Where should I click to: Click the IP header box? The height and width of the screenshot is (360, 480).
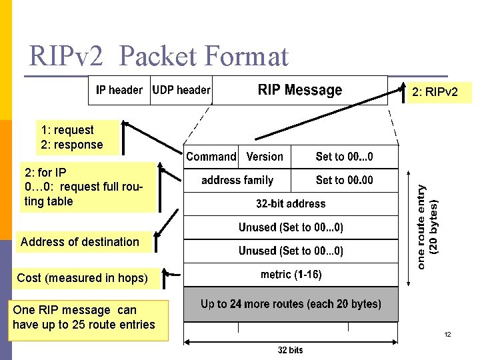pyautogui.click(x=119, y=90)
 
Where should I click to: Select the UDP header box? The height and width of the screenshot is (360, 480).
pyautogui.click(x=181, y=90)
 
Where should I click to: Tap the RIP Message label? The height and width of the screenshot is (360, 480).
pyautogui.click(x=299, y=90)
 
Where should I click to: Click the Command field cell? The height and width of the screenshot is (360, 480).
pyautogui.click(x=211, y=157)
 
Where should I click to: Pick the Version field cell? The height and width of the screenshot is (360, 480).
pyautogui.click(x=265, y=157)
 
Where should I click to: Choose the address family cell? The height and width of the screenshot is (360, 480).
pyautogui.click(x=237, y=180)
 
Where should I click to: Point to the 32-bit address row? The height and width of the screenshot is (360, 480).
pyautogui.click(x=291, y=203)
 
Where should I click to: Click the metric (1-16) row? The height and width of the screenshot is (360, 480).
pyautogui.click(x=291, y=275)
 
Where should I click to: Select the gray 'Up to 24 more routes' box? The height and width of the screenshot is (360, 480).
pyautogui.click(x=291, y=305)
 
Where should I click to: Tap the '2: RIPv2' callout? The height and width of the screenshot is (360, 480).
pyautogui.click(x=435, y=91)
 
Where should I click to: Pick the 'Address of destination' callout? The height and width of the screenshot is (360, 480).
pyautogui.click(x=80, y=242)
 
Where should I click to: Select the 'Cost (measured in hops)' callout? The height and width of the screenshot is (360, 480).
pyautogui.click(x=82, y=278)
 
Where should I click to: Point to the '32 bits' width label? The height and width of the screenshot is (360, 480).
pyautogui.click(x=290, y=350)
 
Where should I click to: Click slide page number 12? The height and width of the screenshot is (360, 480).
pyautogui.click(x=448, y=334)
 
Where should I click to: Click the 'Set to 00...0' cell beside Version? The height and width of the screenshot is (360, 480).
pyautogui.click(x=344, y=157)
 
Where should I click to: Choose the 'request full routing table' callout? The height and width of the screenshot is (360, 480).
pyautogui.click(x=83, y=187)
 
